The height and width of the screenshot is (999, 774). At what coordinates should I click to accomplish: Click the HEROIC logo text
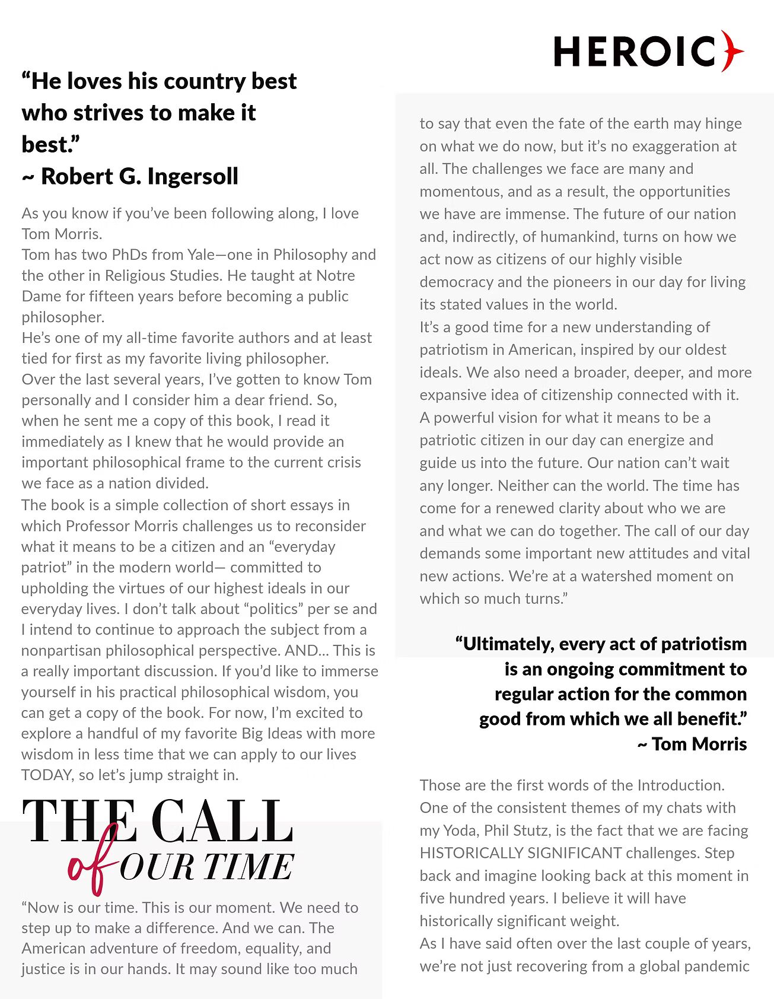tap(635, 52)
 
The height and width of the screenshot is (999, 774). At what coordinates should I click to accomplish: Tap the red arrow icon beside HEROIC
tap(733, 51)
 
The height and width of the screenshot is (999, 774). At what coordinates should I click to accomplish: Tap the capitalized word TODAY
tap(45, 775)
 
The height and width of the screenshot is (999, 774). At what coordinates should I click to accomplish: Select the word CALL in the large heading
tap(222, 822)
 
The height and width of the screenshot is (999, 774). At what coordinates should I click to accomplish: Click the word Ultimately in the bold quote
tap(507, 644)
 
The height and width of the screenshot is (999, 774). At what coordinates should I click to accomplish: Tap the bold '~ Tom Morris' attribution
tap(692, 744)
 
